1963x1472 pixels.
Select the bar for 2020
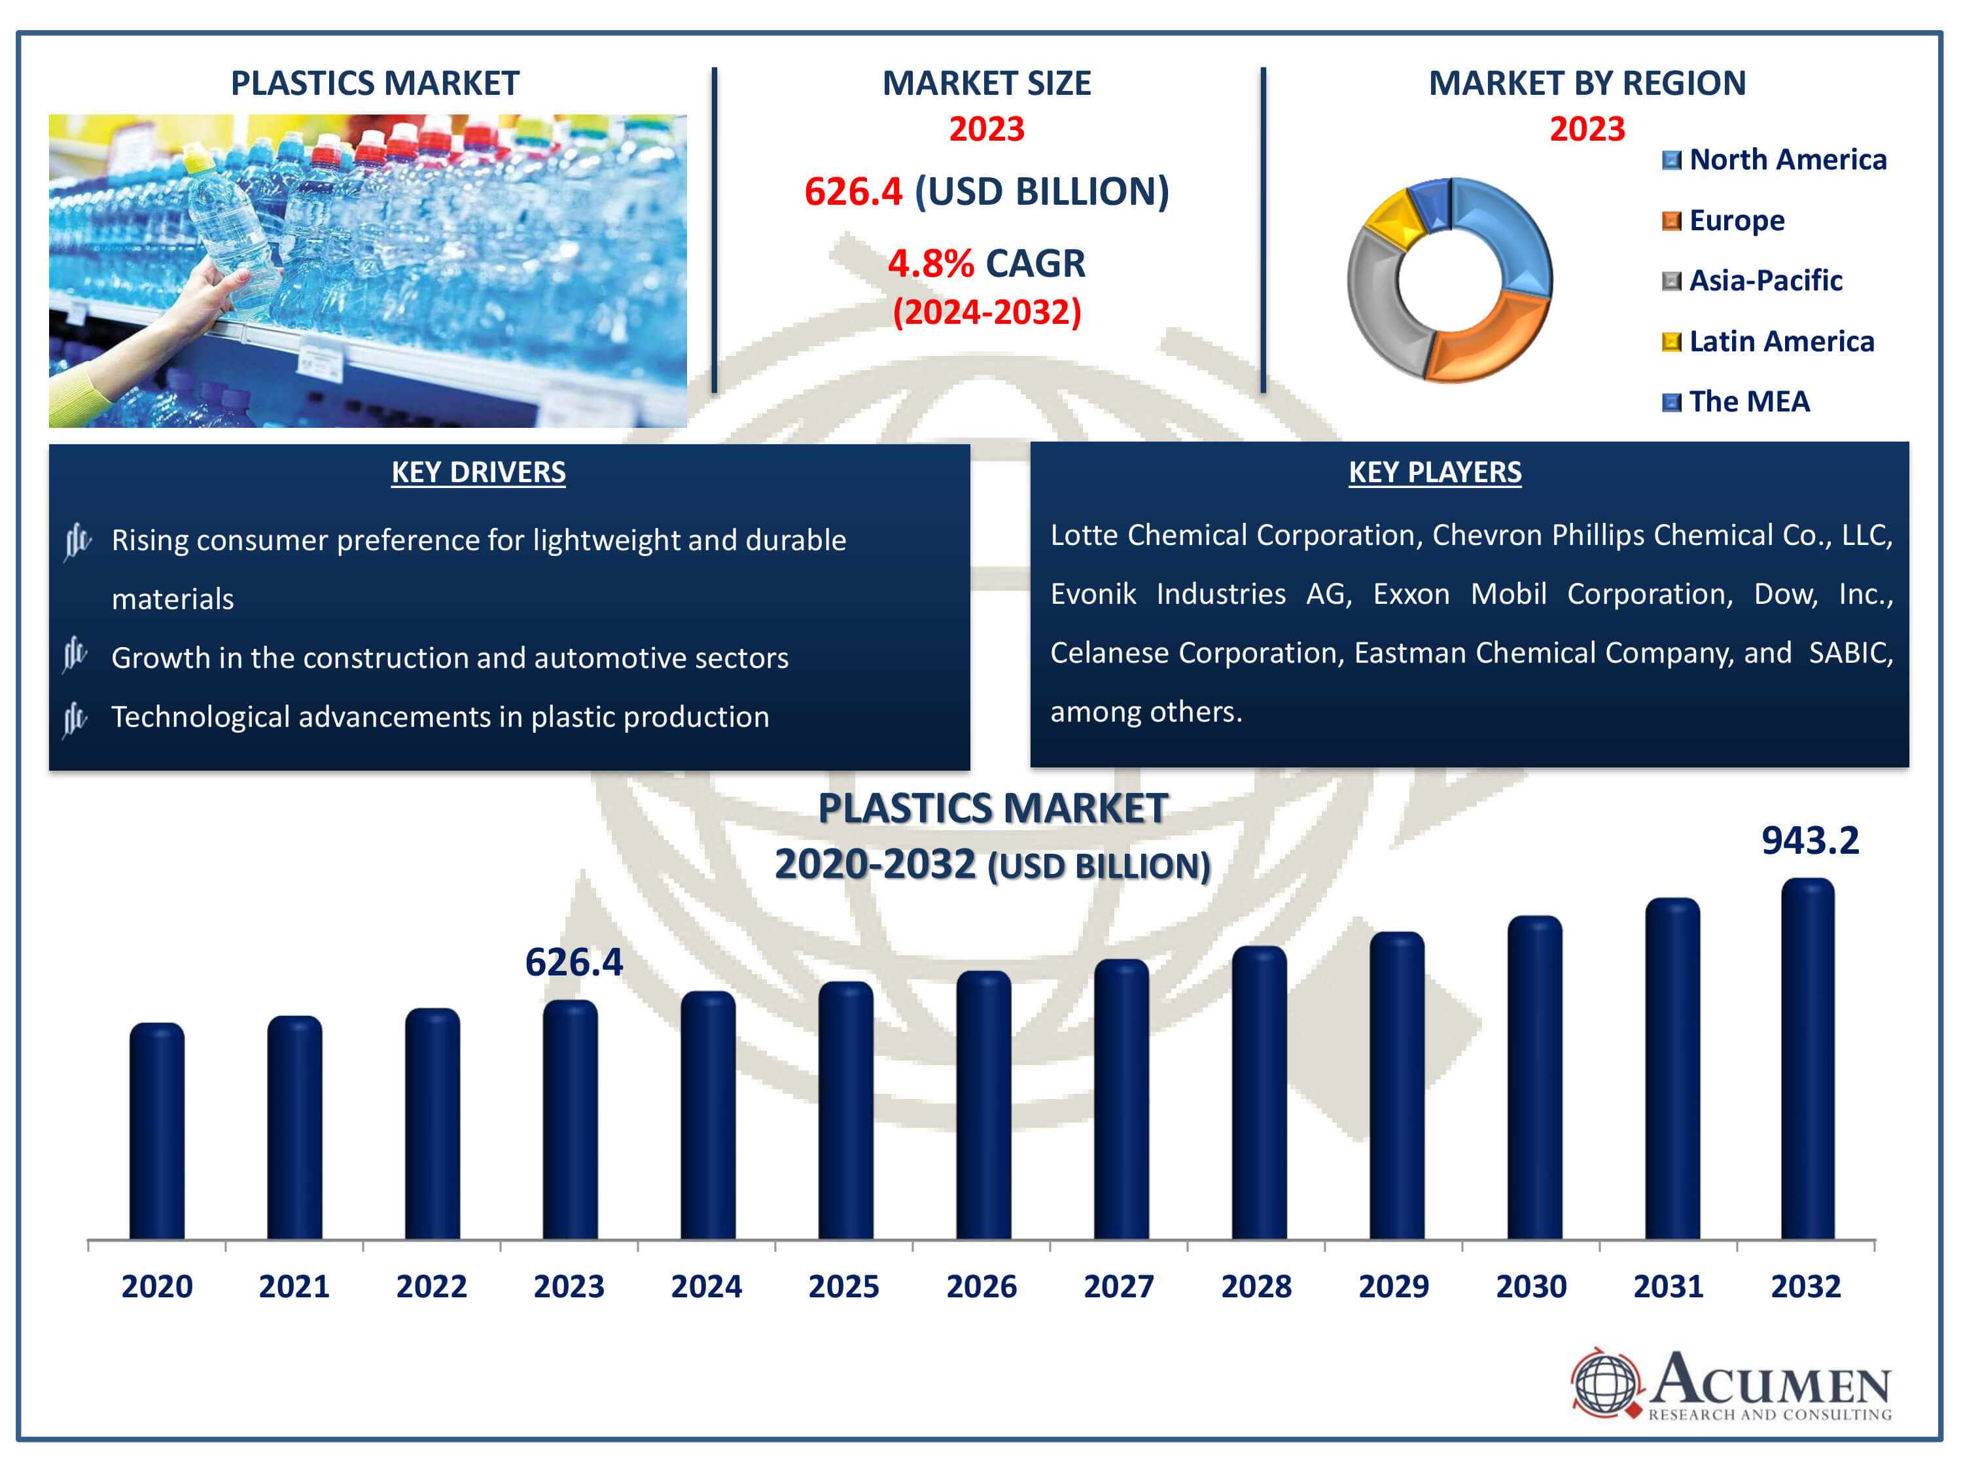157,1130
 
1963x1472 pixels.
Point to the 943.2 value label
1809,840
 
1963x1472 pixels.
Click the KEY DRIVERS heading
478,472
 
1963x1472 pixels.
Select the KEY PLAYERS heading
1434,472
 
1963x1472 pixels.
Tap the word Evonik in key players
1093,593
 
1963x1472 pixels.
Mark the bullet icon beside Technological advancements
75,717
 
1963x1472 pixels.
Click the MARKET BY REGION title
1587,83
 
